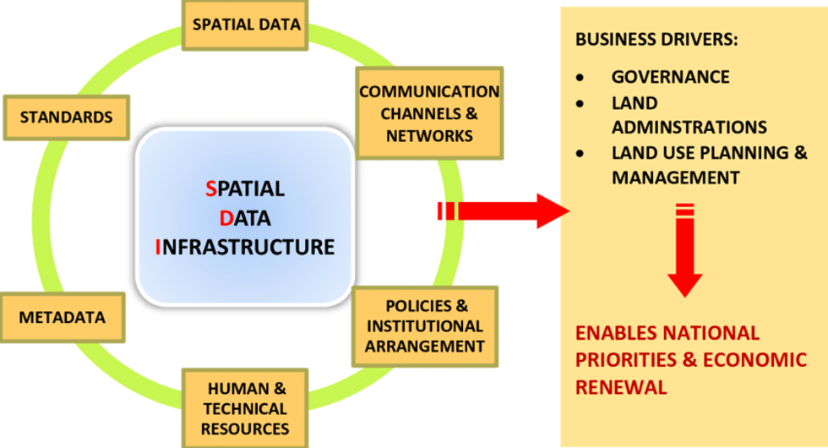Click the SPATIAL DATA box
tap(245, 25)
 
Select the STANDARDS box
tap(66, 117)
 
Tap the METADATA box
tap(63, 318)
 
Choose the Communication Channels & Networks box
tap(428, 113)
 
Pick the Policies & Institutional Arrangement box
tap(425, 326)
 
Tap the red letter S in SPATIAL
tap(210, 189)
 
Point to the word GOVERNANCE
tap(670, 77)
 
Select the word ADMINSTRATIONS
tap(689, 127)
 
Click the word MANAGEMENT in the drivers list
tap(675, 178)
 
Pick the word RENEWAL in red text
tap(621, 387)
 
